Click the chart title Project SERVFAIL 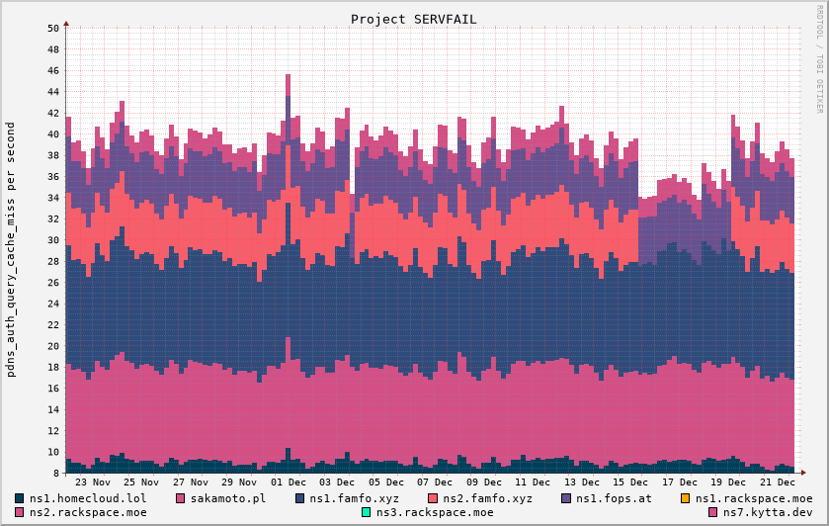tap(414, 19)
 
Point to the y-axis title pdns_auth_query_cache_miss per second tap(11, 264)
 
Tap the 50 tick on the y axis tap(53, 28)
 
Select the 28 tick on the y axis tap(53, 261)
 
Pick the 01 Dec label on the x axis tap(290, 482)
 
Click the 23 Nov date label tap(94, 482)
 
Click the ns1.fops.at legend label tap(614, 498)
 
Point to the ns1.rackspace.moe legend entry tap(754, 498)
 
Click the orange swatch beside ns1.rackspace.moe tap(686, 498)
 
